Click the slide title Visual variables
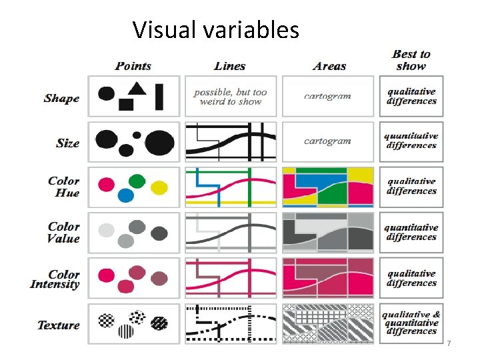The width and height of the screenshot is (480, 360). click(x=215, y=30)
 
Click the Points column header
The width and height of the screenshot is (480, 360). click(x=133, y=66)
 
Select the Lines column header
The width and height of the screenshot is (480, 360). click(x=230, y=66)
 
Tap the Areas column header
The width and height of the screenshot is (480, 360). click(x=329, y=66)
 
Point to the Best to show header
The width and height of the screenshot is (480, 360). click(x=411, y=59)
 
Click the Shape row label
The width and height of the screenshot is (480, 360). click(x=61, y=99)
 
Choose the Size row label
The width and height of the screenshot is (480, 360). click(x=67, y=143)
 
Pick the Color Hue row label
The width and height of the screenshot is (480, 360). click(x=63, y=187)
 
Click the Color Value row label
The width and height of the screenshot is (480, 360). click(x=63, y=232)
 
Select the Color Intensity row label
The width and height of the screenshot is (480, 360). click(x=55, y=279)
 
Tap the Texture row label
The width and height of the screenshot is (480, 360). click(x=59, y=325)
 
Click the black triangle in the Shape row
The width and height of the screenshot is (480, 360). click(x=137, y=87)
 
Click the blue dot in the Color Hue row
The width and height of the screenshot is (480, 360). click(x=125, y=195)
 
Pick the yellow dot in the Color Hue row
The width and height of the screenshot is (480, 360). click(x=159, y=188)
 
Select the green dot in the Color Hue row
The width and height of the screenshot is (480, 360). click(x=137, y=180)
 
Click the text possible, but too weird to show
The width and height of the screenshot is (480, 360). click(x=231, y=97)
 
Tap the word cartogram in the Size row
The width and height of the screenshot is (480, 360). click(x=327, y=141)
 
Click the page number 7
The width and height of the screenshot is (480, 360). click(x=449, y=343)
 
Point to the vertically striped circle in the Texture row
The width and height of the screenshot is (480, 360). click(x=125, y=331)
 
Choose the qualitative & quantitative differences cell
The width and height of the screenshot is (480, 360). click(x=411, y=323)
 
